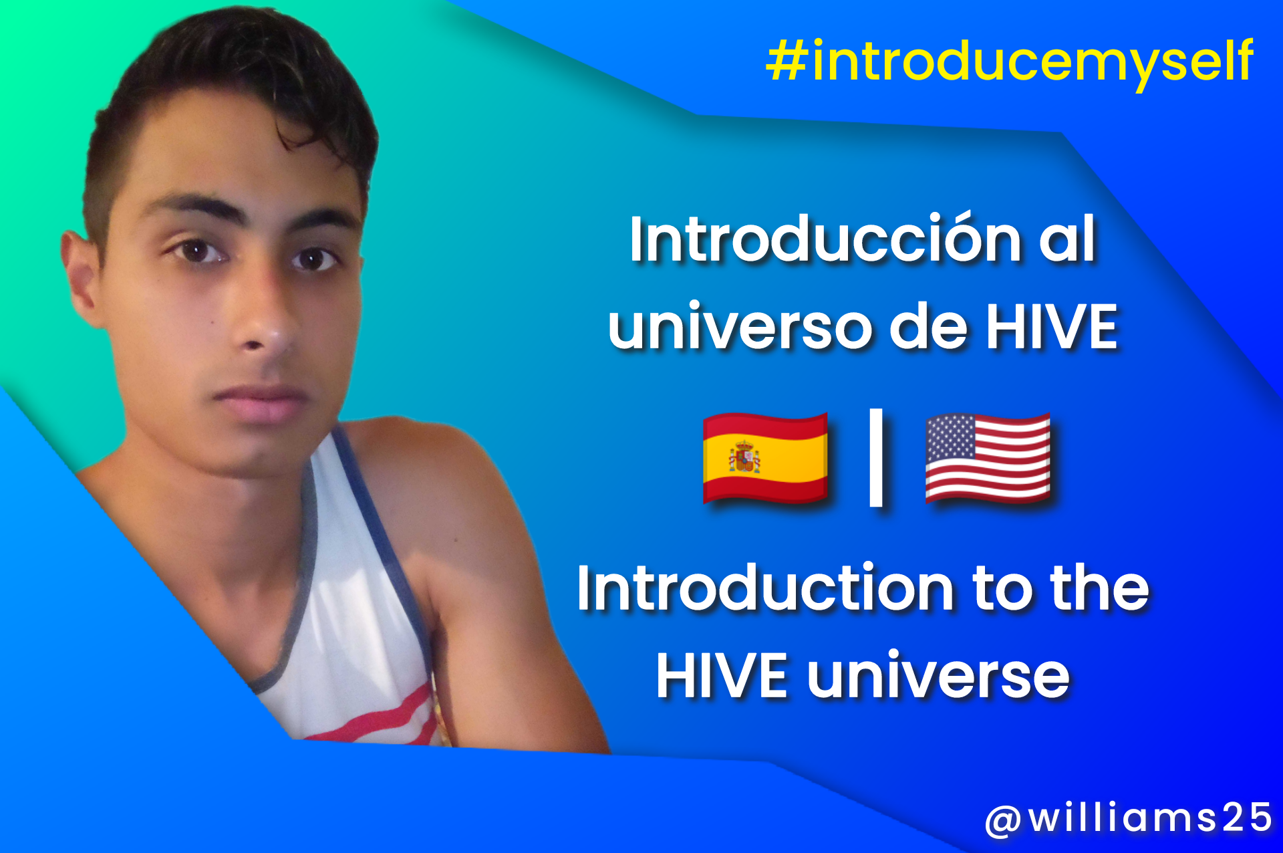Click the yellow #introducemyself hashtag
pyautogui.click(x=1010, y=62)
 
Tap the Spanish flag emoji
pyautogui.click(x=765, y=458)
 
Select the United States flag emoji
pyautogui.click(x=988, y=458)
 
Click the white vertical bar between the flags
pyautogui.click(x=876, y=457)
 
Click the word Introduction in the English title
pyautogui.click(x=764, y=588)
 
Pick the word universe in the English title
pyautogui.click(x=938, y=675)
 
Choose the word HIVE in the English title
pyautogui.click(x=721, y=675)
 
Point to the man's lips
pyautogui.click(x=261, y=401)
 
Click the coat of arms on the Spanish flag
pyautogui.click(x=744, y=458)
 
